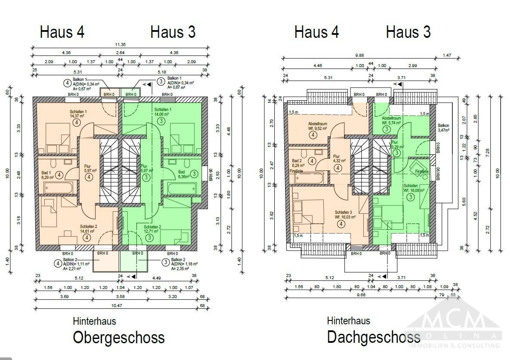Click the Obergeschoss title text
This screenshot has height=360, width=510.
pos(119,337)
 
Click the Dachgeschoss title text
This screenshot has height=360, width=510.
pos(373,337)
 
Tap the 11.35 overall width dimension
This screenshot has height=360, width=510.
pos(120,44)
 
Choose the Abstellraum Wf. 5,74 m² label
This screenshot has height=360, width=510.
pos(392,120)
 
